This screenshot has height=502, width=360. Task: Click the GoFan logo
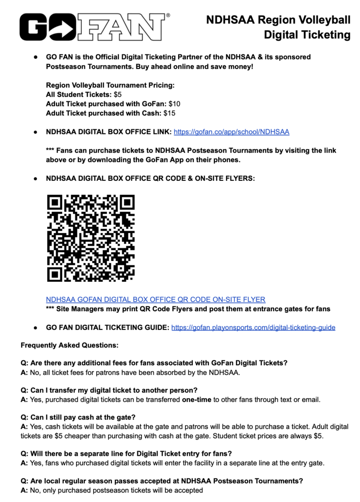[93, 28]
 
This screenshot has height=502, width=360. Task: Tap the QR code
[91, 238]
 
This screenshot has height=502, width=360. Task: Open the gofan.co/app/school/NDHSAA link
[231, 132]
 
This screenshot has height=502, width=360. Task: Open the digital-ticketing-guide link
[253, 327]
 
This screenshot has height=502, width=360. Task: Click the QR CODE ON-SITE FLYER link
[155, 300]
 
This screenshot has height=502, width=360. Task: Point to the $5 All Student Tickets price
[118, 95]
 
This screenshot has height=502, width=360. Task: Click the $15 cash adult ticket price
[169, 113]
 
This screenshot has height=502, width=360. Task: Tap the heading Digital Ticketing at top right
[307, 35]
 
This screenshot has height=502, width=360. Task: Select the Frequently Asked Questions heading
[69, 346]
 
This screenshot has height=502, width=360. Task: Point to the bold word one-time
[197, 400]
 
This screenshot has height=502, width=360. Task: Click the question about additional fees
[154, 363]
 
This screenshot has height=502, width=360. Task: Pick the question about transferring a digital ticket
[109, 391]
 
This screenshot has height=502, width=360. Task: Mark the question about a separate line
[126, 453]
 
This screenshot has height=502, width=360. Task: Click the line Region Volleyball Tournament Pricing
[110, 85]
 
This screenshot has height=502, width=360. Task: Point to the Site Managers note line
[188, 309]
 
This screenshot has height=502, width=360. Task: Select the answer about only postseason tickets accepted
[111, 490]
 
